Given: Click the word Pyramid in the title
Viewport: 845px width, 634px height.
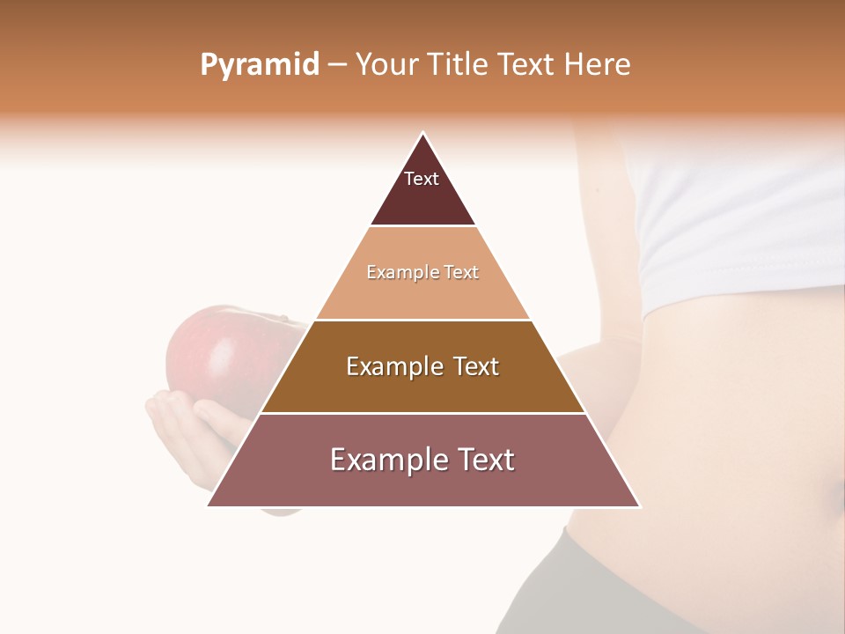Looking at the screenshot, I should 259,64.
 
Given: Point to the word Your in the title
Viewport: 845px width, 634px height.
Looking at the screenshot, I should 388,64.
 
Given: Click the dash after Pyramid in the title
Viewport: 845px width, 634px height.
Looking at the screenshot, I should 337,65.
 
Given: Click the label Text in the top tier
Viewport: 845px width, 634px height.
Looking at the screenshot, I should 422,179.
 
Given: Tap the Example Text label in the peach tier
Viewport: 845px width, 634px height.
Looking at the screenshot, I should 422,272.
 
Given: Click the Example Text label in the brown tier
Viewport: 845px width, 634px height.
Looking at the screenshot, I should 422,366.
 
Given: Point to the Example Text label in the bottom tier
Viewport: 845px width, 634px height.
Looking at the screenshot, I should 422,460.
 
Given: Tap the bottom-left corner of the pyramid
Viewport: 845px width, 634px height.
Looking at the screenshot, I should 209,505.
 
